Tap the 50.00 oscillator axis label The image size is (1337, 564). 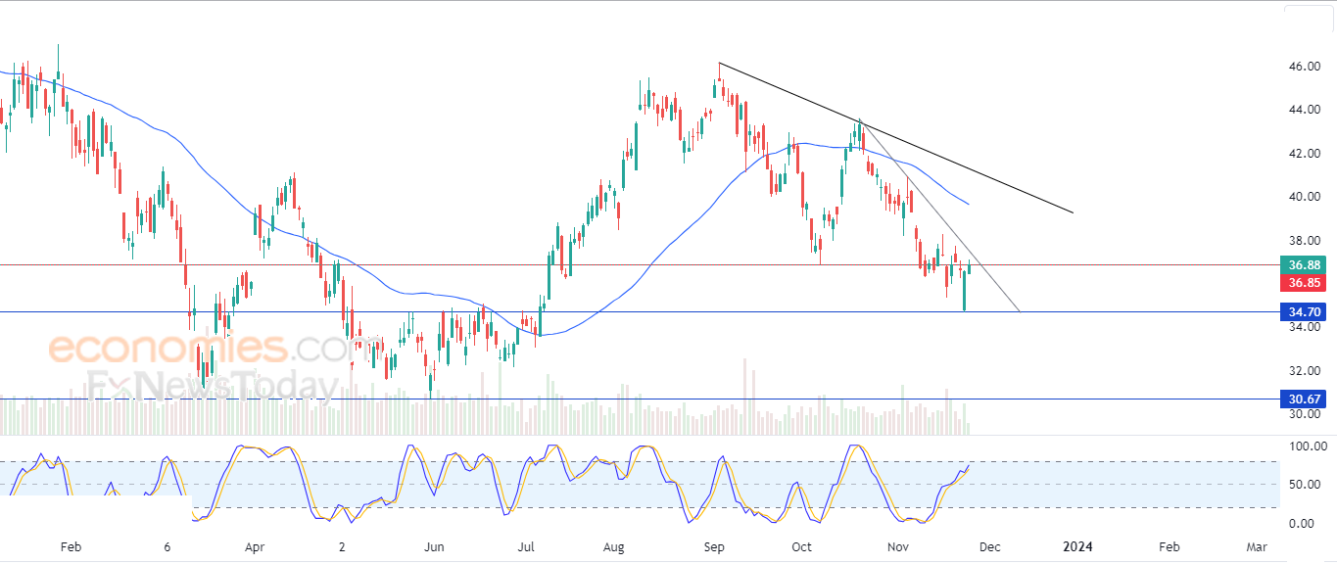[1304, 485]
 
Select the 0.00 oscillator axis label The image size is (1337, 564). [1304, 523]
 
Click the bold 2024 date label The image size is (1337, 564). [1077, 546]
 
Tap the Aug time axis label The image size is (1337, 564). [615, 546]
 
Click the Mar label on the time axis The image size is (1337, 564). [1257, 546]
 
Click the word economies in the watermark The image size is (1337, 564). [167, 348]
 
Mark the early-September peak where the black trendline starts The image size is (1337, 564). [719, 64]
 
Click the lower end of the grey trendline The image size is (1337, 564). [1020, 311]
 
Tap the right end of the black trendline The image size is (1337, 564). [1074, 212]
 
